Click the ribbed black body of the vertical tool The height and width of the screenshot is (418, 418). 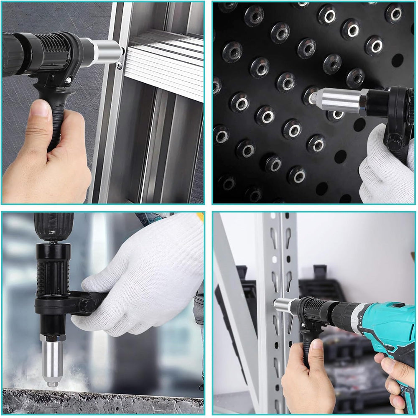click(x=52, y=272)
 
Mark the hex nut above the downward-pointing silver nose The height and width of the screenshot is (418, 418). click(x=52, y=336)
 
